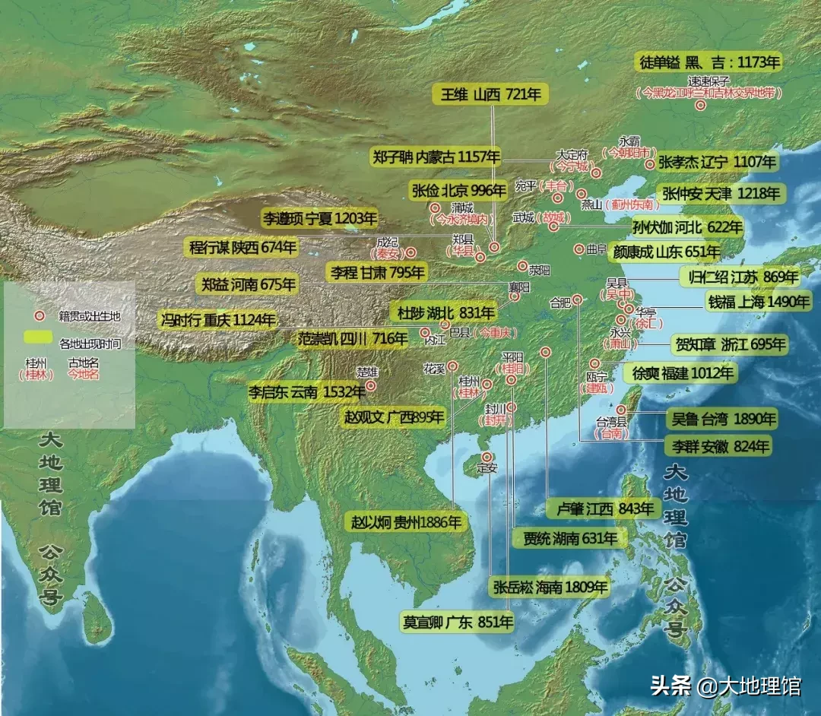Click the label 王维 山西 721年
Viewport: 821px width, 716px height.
[x=490, y=95]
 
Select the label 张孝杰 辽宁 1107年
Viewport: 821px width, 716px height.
[x=717, y=162]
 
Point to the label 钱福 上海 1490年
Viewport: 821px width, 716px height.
[x=759, y=302]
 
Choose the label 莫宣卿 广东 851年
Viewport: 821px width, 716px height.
[x=458, y=622]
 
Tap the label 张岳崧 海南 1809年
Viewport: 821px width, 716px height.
[x=550, y=587]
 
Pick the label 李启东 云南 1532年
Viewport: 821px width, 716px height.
[x=296, y=393]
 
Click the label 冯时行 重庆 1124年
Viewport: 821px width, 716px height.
[x=217, y=320]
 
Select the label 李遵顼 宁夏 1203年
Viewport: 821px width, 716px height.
[x=319, y=220]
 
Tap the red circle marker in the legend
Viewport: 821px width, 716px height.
[x=34, y=315]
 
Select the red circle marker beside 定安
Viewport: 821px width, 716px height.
[x=487, y=456]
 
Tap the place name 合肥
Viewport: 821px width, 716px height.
[x=560, y=302]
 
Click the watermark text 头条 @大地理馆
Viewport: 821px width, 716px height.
[x=725, y=686]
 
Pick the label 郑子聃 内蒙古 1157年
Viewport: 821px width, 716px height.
[x=436, y=157]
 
